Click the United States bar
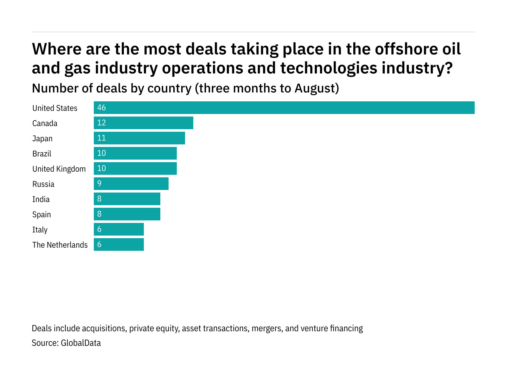pyautogui.click(x=284, y=108)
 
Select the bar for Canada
pyautogui.click(x=143, y=123)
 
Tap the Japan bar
pyautogui.click(x=139, y=138)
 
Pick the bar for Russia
pyautogui.click(x=131, y=184)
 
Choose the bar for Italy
pyautogui.click(x=119, y=229)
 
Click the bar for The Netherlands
pyautogui.click(x=119, y=244)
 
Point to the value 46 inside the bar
pyautogui.click(x=101, y=108)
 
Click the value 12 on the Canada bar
pyautogui.click(x=101, y=123)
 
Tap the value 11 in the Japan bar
pyautogui.click(x=101, y=138)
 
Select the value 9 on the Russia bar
pyautogui.click(x=99, y=184)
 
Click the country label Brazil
pyautogui.click(x=42, y=154)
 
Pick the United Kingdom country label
pyautogui.click(x=59, y=169)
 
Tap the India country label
pyautogui.click(x=41, y=199)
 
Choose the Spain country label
pyautogui.click(x=42, y=214)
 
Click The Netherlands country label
pyautogui.click(x=60, y=245)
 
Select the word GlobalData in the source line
pyautogui.click(x=80, y=343)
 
